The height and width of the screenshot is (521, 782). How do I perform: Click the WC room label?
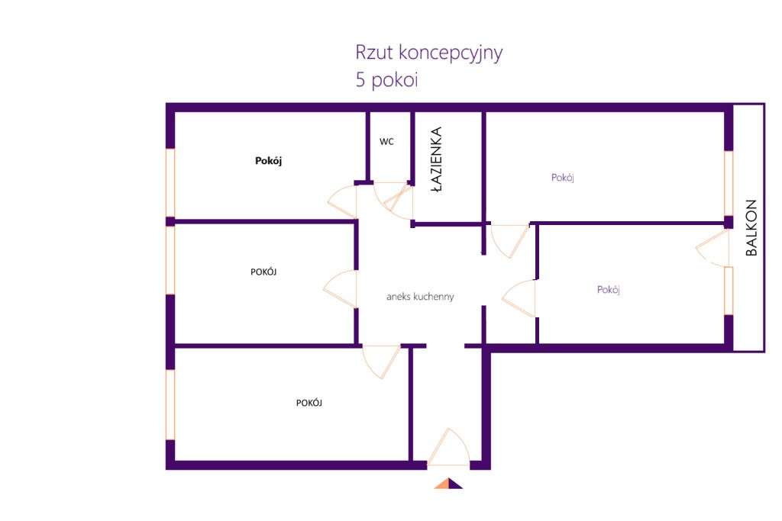pos(386,142)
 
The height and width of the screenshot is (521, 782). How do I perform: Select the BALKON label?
pos(751,227)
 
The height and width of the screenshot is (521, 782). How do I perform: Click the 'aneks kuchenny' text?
pos(420,297)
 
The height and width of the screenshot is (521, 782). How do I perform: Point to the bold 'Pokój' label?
pos(269,161)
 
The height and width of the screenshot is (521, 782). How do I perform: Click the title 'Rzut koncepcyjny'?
pos(428,53)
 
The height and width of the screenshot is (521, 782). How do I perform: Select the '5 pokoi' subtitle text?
pos(386,80)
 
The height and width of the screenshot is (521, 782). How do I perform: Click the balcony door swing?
pos(712,248)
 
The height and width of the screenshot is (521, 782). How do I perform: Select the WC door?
pos(394,198)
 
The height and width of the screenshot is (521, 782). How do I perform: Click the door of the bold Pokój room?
pos(342,200)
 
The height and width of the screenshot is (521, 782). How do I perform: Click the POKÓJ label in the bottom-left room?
pos(309,403)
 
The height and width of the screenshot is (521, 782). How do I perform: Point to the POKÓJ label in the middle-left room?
pos(263,272)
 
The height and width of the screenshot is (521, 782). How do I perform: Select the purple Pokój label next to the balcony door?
pos(608,290)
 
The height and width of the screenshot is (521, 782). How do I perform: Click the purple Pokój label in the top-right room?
pos(562,178)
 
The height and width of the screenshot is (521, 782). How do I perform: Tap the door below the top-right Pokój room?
pos(509,240)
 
